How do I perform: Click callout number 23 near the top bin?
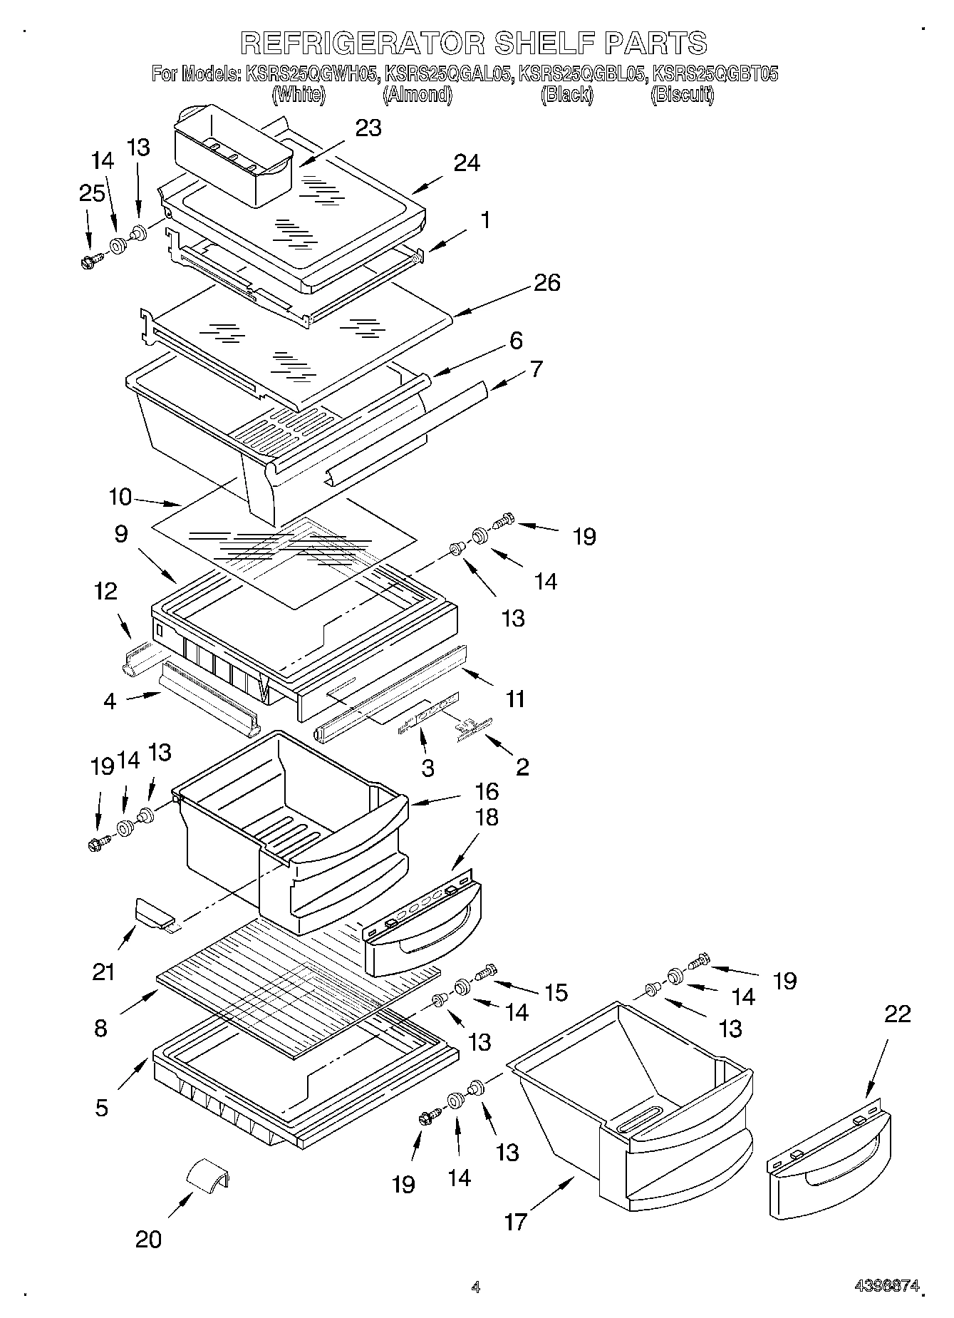coord(368,128)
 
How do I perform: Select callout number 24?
coord(467,163)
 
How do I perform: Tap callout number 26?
coord(546,283)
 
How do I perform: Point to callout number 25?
coord(92,193)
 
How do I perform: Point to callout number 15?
coord(556,992)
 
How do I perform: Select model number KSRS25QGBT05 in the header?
coord(715,73)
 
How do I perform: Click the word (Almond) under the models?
coord(417,94)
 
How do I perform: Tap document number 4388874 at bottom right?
coord(888,1286)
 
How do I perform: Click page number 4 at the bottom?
coord(476,1287)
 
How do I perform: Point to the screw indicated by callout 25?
coord(90,261)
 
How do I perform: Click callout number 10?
coord(121,497)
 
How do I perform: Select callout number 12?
coord(106,591)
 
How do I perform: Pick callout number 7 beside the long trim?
coord(536,369)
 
